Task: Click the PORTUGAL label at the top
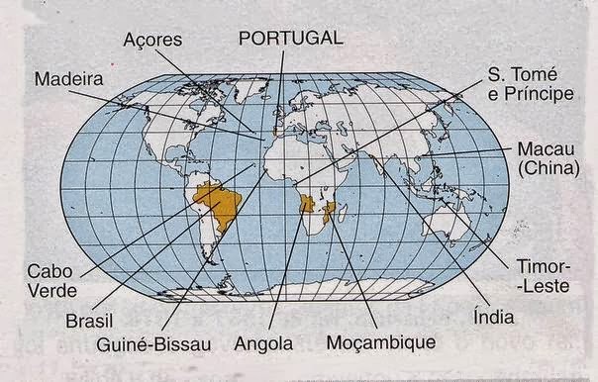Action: tap(291, 38)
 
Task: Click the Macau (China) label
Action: tap(547, 159)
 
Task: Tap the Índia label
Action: tap(485, 320)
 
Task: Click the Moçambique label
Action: tap(381, 343)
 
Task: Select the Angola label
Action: tap(264, 344)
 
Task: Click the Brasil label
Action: tap(89, 322)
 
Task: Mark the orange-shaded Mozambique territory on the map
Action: tap(333, 210)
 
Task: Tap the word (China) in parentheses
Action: tap(548, 169)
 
